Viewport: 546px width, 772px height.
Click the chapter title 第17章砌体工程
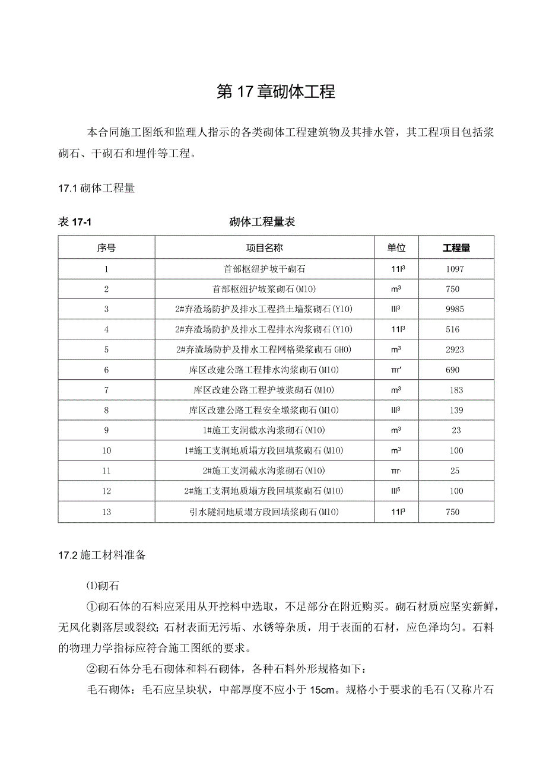(x=276, y=92)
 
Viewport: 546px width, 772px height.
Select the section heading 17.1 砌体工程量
(x=96, y=189)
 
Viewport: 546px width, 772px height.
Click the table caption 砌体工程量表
(x=262, y=222)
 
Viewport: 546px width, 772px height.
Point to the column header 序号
(x=106, y=248)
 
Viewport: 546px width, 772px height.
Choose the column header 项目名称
(x=264, y=248)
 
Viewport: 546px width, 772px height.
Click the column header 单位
(x=396, y=248)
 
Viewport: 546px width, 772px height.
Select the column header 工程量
(x=456, y=248)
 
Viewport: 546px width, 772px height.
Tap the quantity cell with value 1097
(x=455, y=269)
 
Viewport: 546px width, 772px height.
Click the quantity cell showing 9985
(x=455, y=309)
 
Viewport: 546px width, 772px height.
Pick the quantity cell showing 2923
(x=455, y=350)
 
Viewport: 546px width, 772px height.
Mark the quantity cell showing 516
(x=455, y=329)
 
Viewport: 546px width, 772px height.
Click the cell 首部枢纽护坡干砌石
(x=264, y=269)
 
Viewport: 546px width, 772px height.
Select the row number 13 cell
(x=106, y=512)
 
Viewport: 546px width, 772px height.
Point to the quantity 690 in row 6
(x=452, y=370)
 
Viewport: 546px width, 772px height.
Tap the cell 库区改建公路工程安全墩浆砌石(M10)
(x=264, y=410)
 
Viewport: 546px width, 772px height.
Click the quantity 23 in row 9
(x=456, y=430)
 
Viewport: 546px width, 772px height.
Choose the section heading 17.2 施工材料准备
(x=101, y=555)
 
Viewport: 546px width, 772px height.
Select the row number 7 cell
(x=106, y=390)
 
